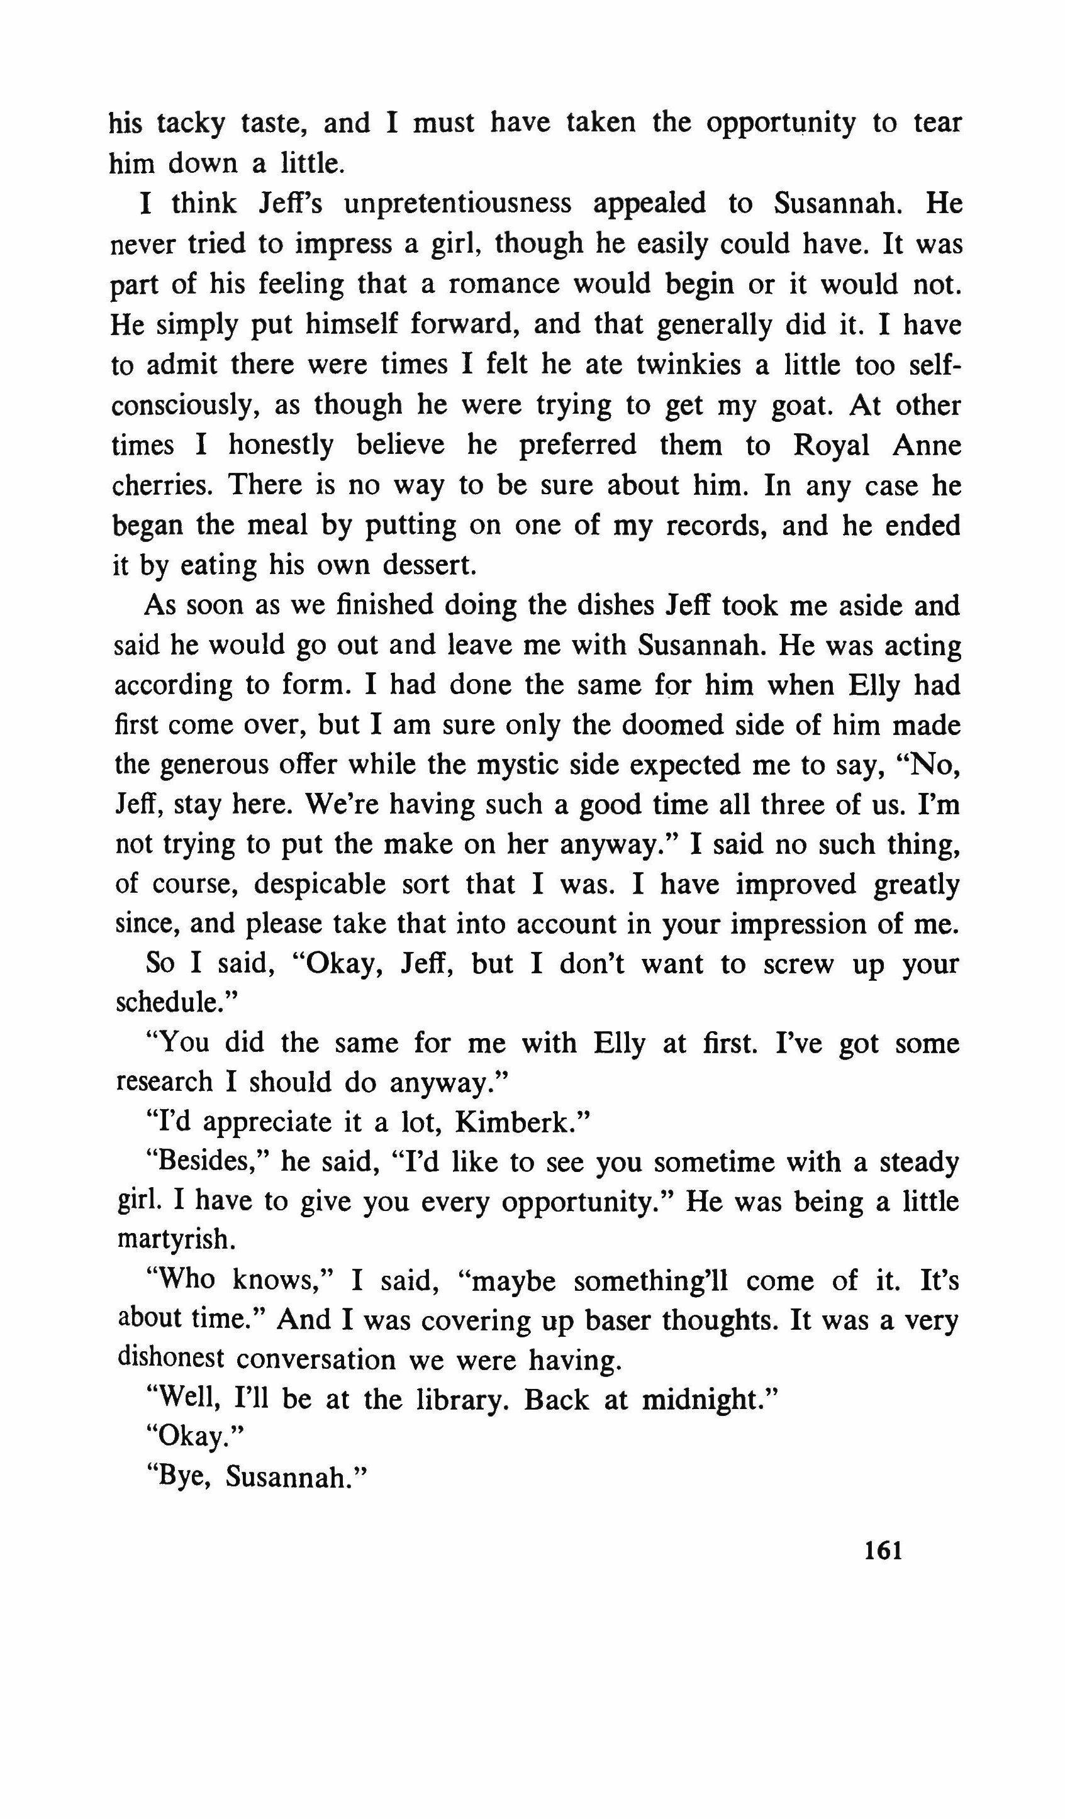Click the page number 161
pyautogui.click(x=883, y=1551)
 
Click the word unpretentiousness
pyautogui.click(x=458, y=204)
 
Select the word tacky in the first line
pyautogui.click(x=191, y=124)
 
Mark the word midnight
pyautogui.click(x=708, y=1400)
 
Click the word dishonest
pyautogui.click(x=171, y=1360)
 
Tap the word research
pyautogui.click(x=164, y=1082)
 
